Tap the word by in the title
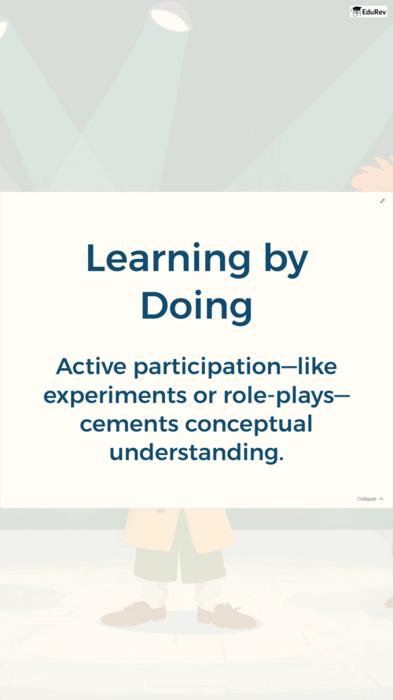coord(286,261)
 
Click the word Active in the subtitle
coord(92,367)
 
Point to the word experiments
coord(115,397)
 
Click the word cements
coord(129,424)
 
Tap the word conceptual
coord(248,425)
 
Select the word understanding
coord(196,454)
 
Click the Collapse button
coord(370,498)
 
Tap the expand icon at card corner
coord(382,201)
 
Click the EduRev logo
coord(369,12)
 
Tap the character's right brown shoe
coord(226,615)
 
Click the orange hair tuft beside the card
coord(374,174)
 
